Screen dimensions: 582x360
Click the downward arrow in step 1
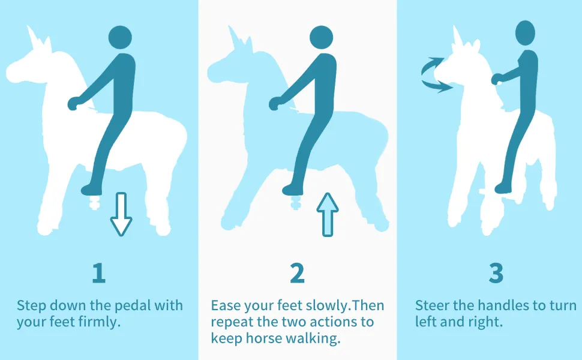[121, 214]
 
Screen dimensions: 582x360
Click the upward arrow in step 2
[328, 214]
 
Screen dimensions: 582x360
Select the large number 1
[99, 273]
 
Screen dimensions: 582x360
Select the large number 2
[297, 273]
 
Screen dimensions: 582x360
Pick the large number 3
[496, 273]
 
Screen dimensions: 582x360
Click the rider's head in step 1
[120, 37]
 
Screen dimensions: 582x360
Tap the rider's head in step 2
[322, 37]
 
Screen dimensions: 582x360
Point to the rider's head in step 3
[525, 33]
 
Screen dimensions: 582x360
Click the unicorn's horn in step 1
[34, 37]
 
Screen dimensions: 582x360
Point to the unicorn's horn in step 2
[235, 37]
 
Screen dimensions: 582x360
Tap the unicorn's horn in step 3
[457, 35]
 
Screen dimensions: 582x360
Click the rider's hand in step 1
[73, 103]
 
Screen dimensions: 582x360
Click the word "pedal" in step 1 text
[133, 305]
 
